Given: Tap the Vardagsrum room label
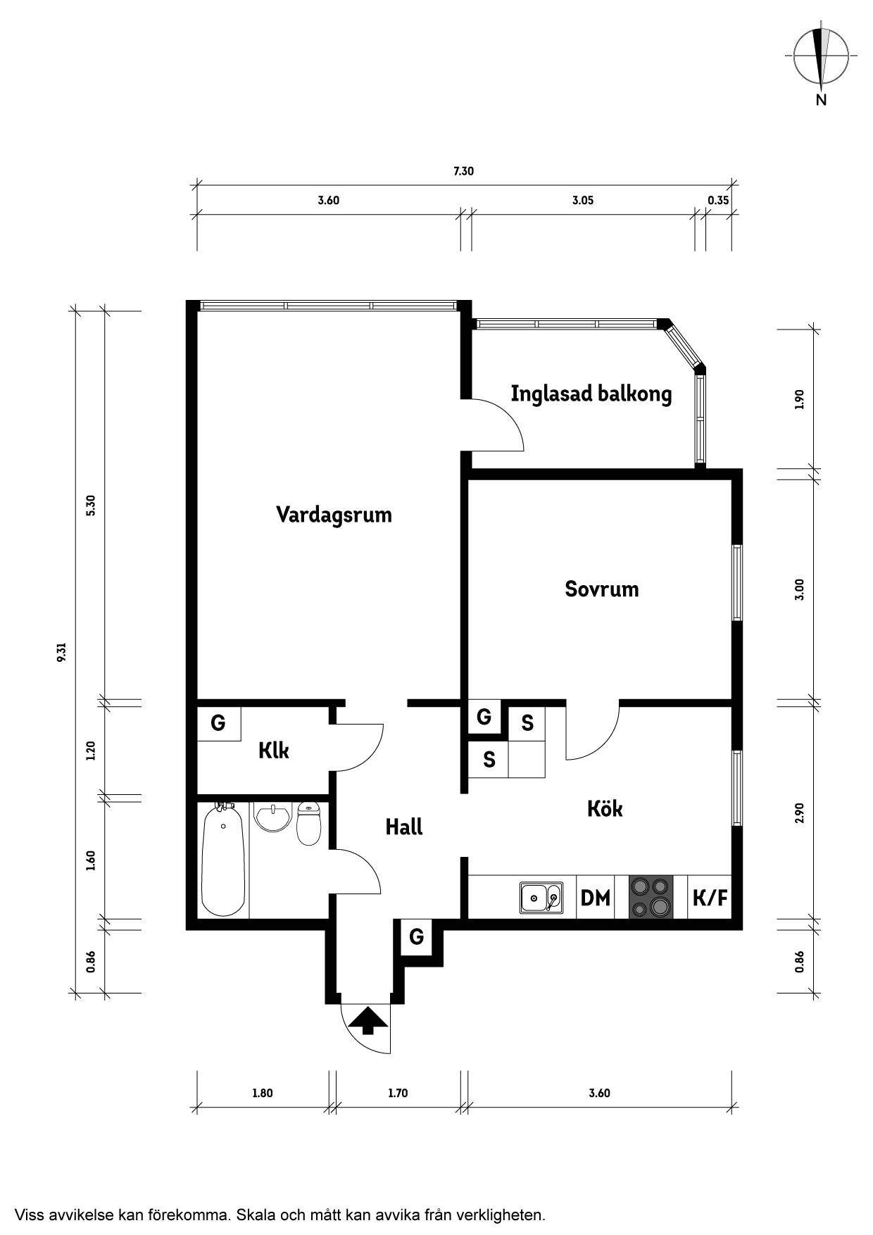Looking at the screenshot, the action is coord(334,515).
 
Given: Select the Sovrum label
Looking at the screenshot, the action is coord(602,589).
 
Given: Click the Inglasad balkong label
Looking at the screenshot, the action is coord(591,394).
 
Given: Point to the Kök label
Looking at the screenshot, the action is coord(605,808).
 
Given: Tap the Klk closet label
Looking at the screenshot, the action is coord(274,751).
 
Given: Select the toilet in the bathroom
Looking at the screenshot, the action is coord(308,823).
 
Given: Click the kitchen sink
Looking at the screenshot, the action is coord(541,898).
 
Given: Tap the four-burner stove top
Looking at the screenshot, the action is coord(651,897).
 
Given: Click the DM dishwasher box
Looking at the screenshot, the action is coord(596,897).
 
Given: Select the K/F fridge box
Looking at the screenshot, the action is coord(710,897).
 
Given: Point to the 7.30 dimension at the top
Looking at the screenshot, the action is coord(463,171).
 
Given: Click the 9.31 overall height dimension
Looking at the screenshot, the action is coord(62,651).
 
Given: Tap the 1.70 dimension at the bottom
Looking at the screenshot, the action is coord(398,1093).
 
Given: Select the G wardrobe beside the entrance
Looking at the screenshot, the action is coord(417,937).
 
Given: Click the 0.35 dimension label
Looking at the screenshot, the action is coord(718,200).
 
